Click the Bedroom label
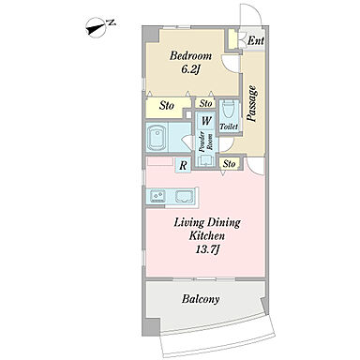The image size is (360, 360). [190, 56]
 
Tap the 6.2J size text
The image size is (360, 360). [190, 70]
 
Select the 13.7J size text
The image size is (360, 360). [206, 249]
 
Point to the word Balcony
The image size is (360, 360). [201, 299]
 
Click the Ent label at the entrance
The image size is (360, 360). [256, 40]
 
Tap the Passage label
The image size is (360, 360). [252, 103]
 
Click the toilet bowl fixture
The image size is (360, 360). [229, 109]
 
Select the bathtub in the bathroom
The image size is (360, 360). [157, 138]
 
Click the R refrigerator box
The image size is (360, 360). [183, 165]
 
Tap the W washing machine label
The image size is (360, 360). [206, 121]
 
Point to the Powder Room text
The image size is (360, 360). [206, 142]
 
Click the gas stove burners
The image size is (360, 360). [157, 196]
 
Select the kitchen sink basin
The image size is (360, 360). [185, 196]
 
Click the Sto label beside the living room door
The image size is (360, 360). [230, 163]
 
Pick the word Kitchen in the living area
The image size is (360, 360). [206, 235]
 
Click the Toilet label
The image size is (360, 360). [229, 127]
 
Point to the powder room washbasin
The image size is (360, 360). [206, 160]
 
